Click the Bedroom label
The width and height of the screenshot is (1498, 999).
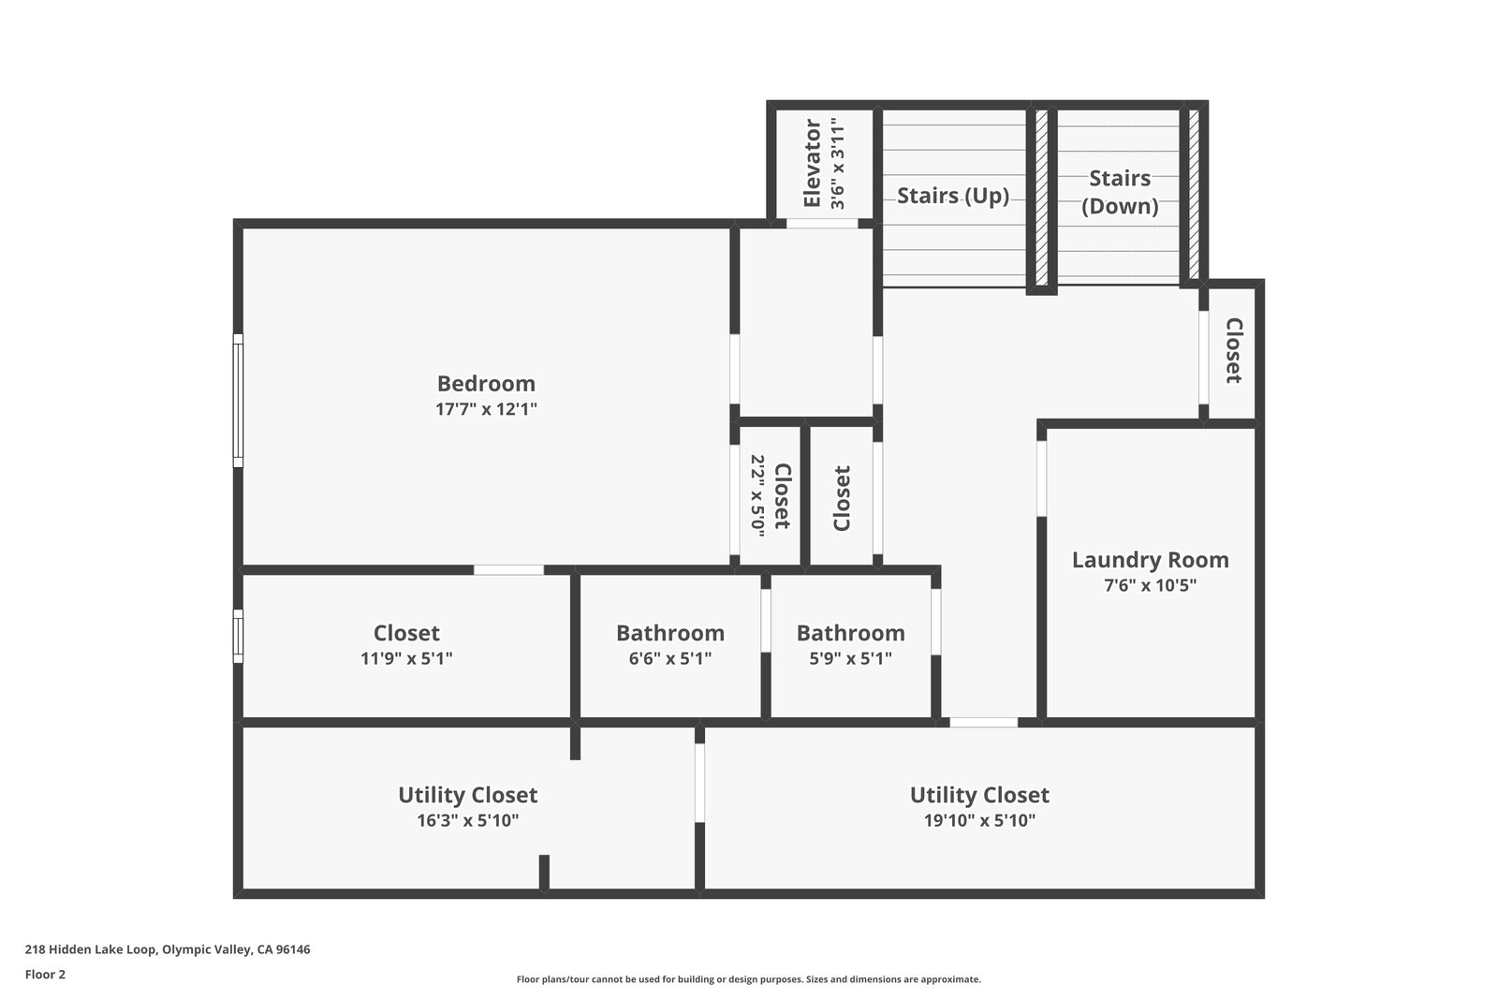tap(486, 383)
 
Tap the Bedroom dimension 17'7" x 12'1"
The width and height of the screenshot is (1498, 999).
tap(486, 409)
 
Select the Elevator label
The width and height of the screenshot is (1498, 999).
tap(812, 163)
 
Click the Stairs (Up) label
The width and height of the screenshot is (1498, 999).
tap(953, 196)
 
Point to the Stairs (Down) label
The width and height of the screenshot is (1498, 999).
tap(1120, 192)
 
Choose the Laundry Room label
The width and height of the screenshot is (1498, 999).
tap(1150, 560)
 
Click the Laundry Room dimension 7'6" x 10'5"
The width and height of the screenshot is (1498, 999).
tap(1150, 586)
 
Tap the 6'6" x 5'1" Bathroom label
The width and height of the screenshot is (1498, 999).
tap(669, 633)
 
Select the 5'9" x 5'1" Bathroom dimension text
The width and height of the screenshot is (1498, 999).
tap(850, 658)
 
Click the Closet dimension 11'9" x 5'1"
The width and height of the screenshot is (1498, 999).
tap(406, 658)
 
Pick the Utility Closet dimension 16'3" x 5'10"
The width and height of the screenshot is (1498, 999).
tap(467, 821)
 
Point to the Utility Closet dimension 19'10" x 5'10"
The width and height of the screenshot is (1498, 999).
tap(979, 821)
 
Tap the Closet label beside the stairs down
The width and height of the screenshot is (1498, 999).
tap(1233, 350)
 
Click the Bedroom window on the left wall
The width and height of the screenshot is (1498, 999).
tap(238, 400)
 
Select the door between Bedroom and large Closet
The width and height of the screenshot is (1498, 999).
tap(508, 569)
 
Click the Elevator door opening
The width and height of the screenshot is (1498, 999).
tap(821, 223)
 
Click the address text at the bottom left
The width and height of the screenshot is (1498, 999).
tap(168, 949)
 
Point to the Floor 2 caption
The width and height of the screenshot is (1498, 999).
tap(45, 974)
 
